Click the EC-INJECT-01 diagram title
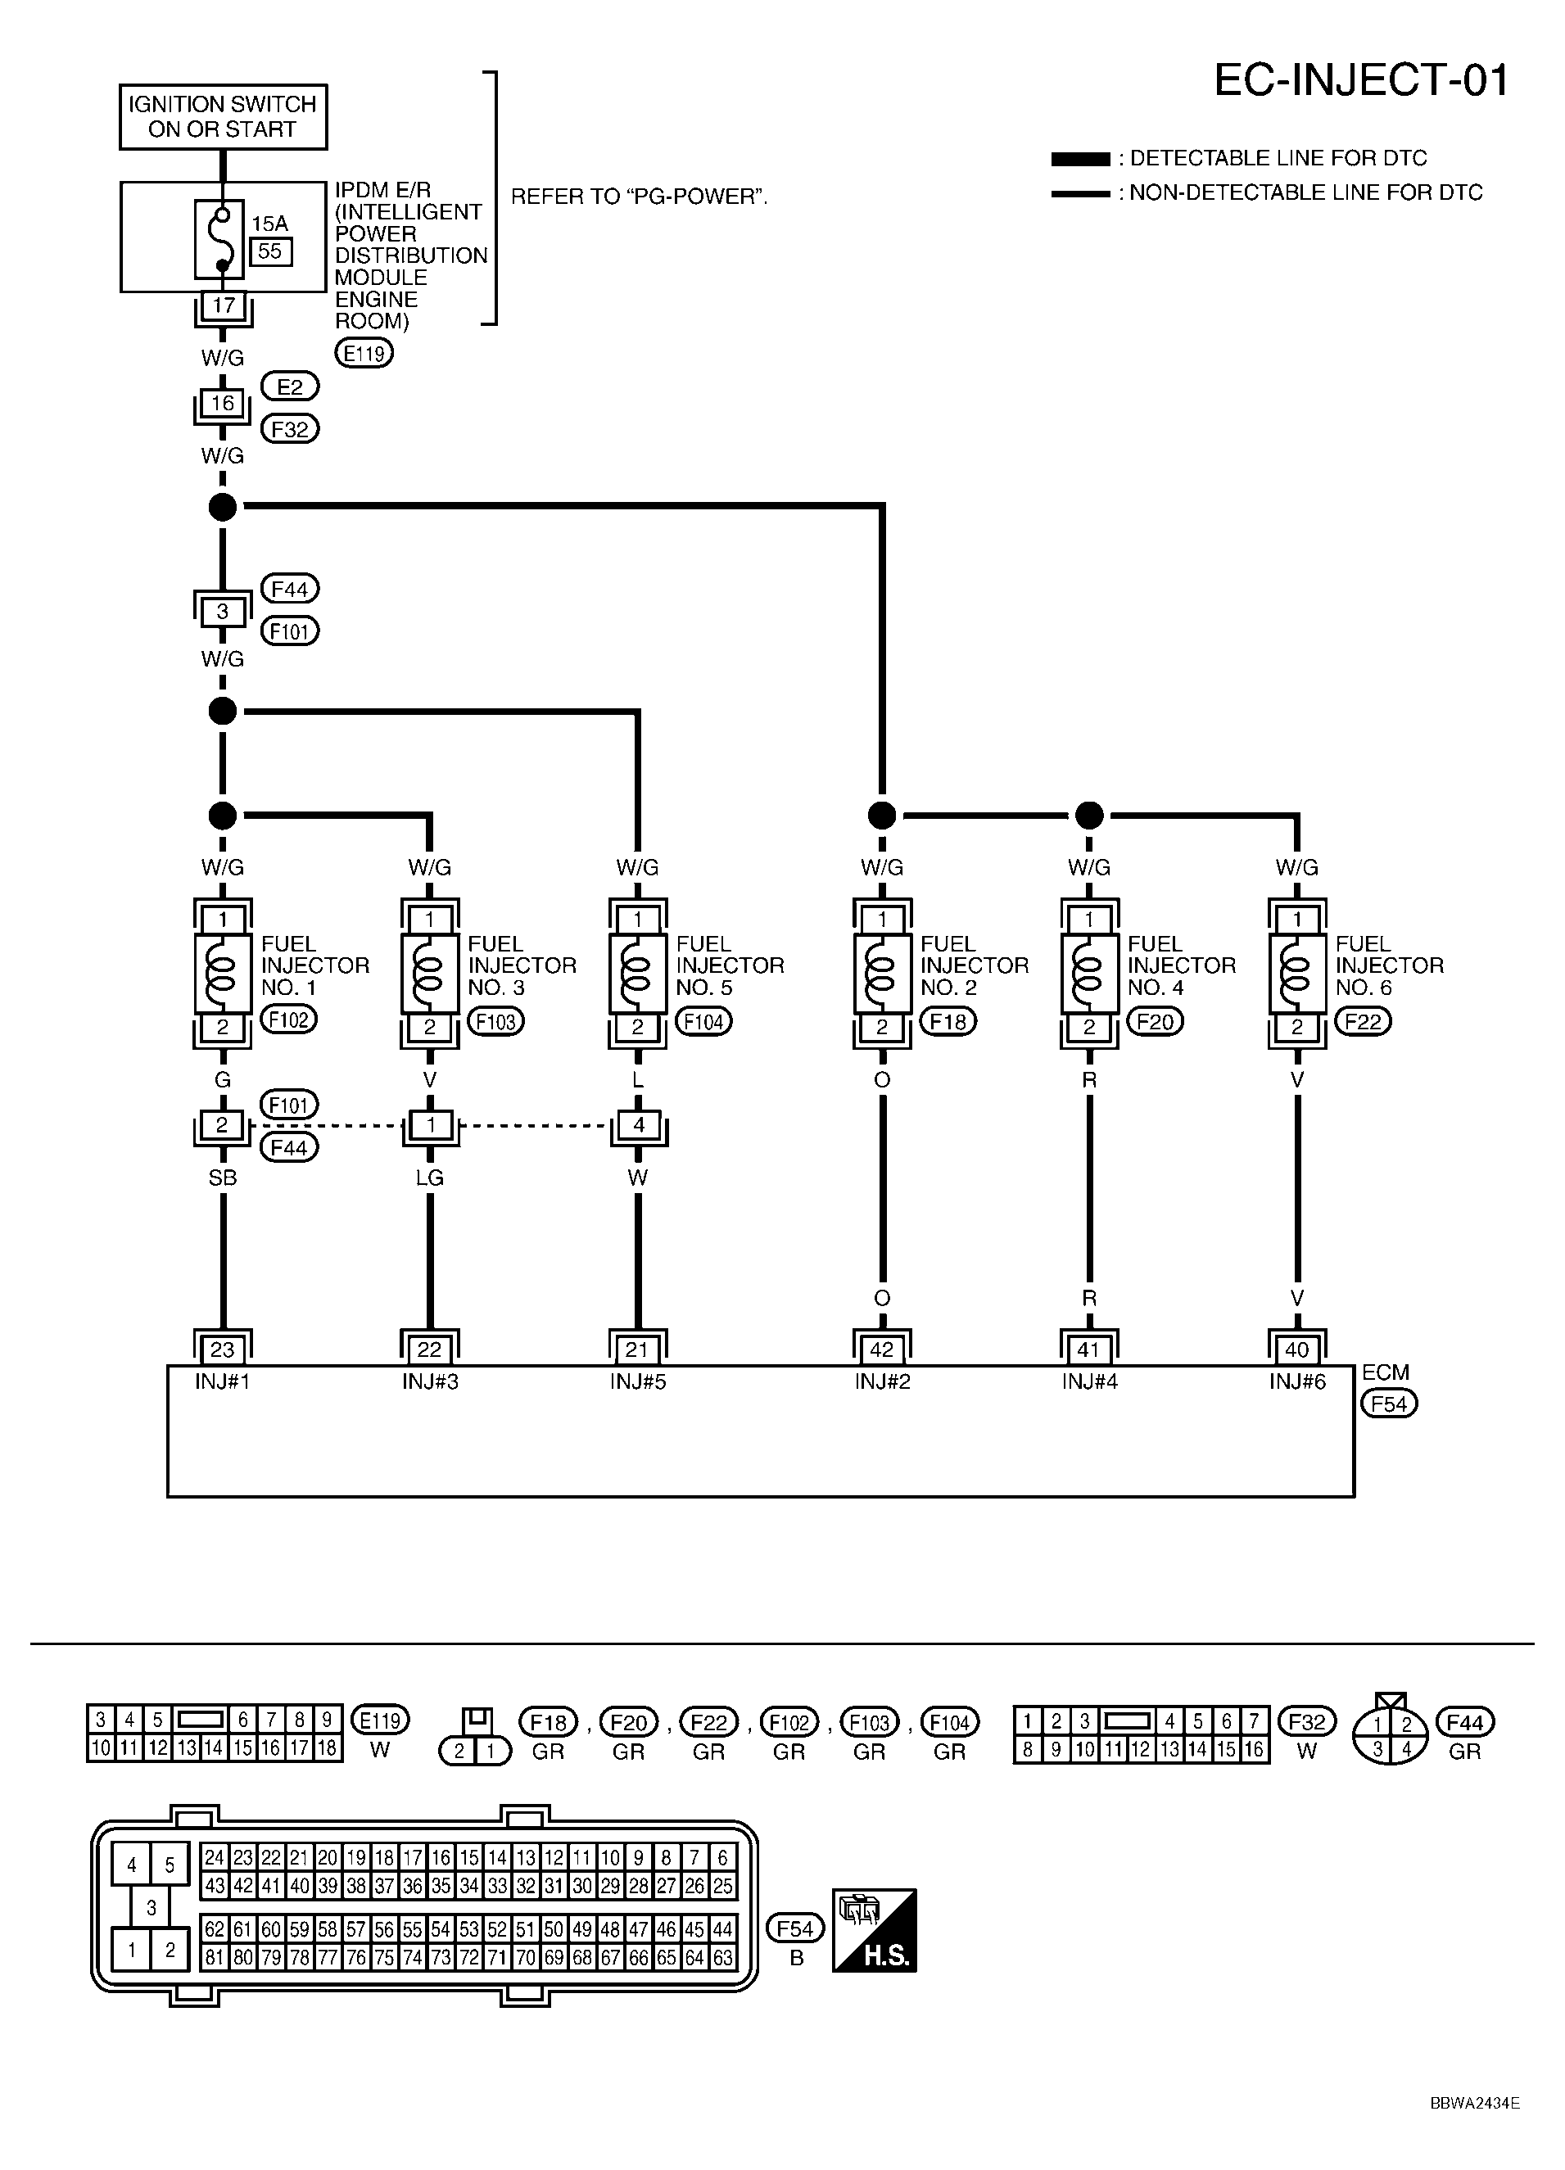point(1360,80)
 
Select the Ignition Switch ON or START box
point(223,117)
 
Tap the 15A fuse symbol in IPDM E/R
point(221,238)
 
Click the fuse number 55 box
point(271,251)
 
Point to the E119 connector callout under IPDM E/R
point(364,353)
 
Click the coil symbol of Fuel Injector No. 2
point(882,972)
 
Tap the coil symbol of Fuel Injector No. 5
point(637,972)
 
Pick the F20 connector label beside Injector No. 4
point(1155,1022)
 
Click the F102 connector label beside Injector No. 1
point(288,1020)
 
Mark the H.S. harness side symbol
point(875,1930)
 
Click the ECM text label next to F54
point(1385,1372)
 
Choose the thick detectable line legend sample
point(1080,159)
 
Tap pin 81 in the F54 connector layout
point(213,1958)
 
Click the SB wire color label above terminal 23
point(222,1178)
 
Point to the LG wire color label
point(429,1178)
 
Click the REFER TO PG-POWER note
point(639,197)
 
